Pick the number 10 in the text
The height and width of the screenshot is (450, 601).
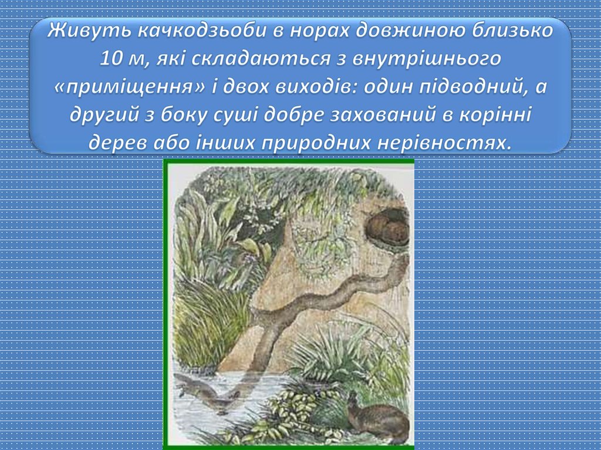point(112,59)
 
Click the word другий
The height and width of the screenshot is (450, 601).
point(102,116)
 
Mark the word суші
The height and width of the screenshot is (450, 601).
point(248,116)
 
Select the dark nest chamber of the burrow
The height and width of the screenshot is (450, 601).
point(387,229)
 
